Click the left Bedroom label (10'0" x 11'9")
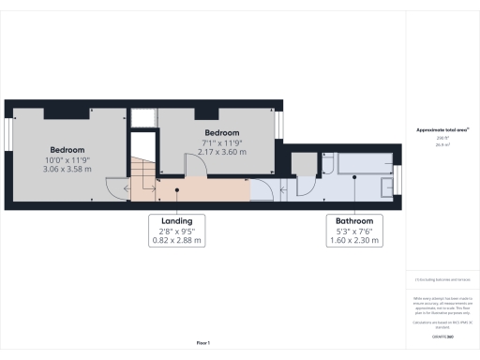[x=67, y=150]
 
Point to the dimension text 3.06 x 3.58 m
[x=67, y=170]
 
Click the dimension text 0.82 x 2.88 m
[x=177, y=241]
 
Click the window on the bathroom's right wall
[x=397, y=177]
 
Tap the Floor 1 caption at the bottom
[x=203, y=344]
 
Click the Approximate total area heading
[x=442, y=130]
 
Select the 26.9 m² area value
[x=442, y=145]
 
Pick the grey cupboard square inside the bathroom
[x=303, y=163]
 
